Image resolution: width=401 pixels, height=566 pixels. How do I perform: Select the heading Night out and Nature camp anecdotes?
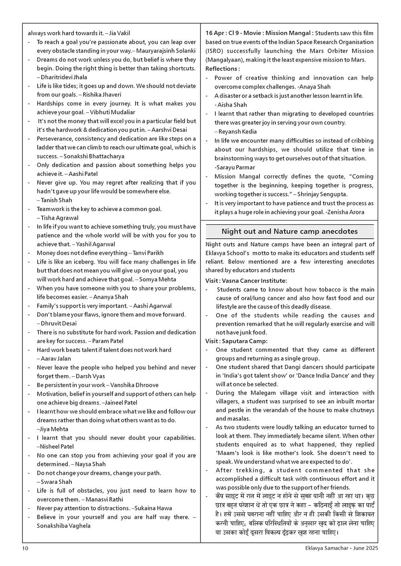[x=290, y=232]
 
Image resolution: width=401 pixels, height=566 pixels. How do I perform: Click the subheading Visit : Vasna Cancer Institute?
[x=246, y=281]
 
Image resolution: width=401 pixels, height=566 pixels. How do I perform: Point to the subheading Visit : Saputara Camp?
[x=236, y=341]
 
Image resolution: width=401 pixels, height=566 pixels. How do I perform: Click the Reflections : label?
[x=223, y=69]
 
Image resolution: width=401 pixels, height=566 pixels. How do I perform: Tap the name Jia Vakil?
[x=119, y=33]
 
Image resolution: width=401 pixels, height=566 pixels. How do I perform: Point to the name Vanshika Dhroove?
[x=134, y=385]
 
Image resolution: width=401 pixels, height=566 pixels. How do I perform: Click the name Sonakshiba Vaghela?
[x=64, y=526]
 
